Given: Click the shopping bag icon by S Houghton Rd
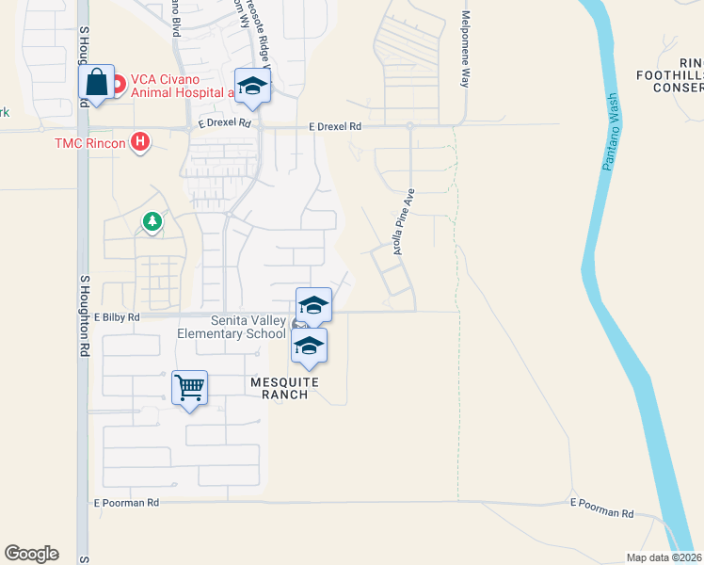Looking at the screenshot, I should [97, 83].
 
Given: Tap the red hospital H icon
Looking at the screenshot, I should [140, 142].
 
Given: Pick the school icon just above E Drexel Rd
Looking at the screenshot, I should [252, 88].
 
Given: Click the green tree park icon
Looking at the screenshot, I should [152, 221].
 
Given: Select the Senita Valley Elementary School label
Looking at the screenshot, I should [232, 327].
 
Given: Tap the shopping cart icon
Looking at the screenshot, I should [189, 386].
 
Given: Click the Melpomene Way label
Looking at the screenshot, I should [465, 51].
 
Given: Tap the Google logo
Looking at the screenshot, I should [31, 554].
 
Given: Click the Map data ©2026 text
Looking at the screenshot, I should [664, 557].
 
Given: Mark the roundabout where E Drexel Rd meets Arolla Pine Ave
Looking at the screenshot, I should [411, 125].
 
